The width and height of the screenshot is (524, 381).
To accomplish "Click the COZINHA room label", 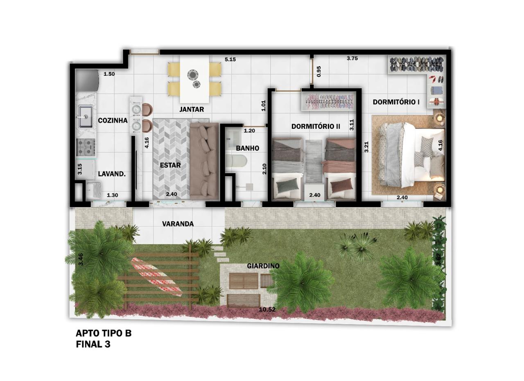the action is (x=113, y=120).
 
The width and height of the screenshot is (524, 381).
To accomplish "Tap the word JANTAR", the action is (x=192, y=109).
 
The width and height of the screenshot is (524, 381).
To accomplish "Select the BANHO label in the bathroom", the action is (x=248, y=148).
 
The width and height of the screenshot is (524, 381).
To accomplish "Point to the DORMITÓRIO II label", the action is (x=316, y=126).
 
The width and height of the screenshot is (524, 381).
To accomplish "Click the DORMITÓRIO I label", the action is (x=396, y=102).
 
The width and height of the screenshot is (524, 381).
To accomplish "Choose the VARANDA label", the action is (x=178, y=224).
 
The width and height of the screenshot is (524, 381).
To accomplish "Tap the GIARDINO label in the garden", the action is (x=263, y=266).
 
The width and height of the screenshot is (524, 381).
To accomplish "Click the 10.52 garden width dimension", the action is (x=267, y=309).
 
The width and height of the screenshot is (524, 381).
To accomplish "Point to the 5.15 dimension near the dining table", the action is (x=230, y=59).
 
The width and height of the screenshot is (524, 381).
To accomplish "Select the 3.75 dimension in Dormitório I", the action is (x=352, y=59).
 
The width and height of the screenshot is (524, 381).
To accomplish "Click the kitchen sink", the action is (x=85, y=116).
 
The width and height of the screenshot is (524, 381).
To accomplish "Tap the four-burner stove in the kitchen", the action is (x=86, y=147).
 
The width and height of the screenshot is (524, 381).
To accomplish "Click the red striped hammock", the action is (x=156, y=277).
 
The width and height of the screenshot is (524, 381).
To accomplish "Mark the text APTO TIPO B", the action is (x=104, y=333).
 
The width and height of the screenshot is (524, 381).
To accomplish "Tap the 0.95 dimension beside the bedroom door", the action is (x=318, y=71).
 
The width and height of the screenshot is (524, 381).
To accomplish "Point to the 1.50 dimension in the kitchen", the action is (x=109, y=74).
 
